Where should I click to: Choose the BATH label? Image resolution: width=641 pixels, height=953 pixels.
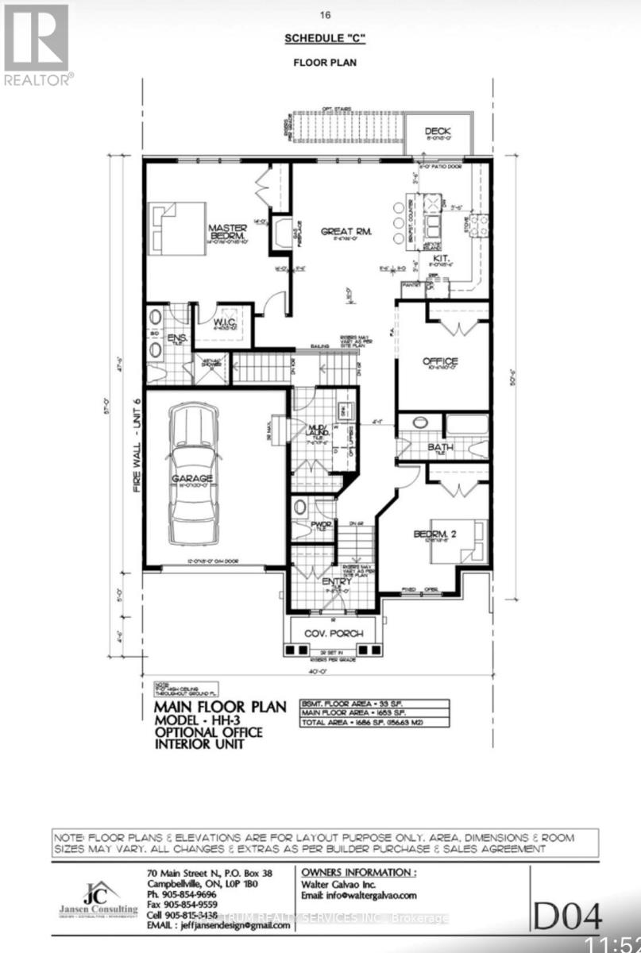point(441,448)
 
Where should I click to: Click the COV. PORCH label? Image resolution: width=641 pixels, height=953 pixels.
point(334,633)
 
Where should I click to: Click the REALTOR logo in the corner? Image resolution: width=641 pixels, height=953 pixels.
point(37,43)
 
